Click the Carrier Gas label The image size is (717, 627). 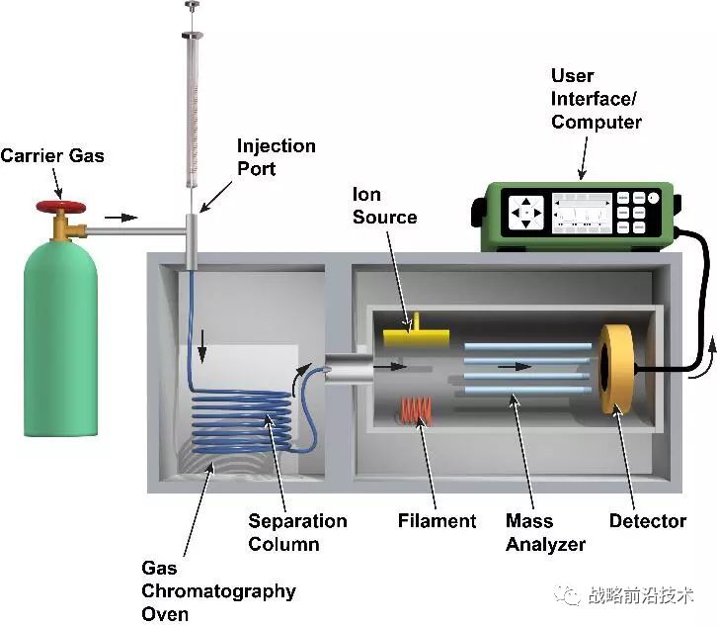51,155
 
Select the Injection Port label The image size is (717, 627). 276,157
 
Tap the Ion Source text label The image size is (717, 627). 384,206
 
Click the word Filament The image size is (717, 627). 437,520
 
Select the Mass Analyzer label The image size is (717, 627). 545,532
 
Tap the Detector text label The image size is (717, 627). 648,521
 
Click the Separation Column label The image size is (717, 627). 297,532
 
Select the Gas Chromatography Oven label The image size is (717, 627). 217,591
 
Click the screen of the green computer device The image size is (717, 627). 581,210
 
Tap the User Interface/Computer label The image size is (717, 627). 597,99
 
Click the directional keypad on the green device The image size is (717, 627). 526,211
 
